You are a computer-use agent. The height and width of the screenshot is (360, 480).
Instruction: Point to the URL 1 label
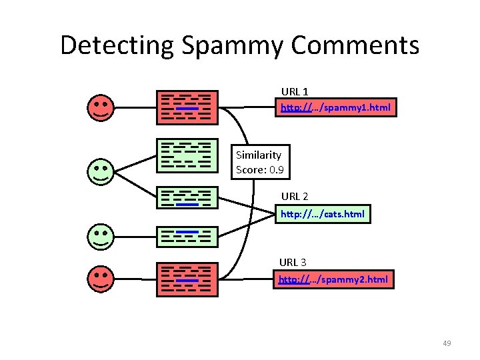[x=294, y=91]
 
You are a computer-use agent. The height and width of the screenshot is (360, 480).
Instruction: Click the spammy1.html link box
[x=336, y=107]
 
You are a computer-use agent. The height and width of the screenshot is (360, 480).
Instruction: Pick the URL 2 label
[x=294, y=197]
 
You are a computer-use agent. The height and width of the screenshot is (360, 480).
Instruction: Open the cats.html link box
[x=323, y=214]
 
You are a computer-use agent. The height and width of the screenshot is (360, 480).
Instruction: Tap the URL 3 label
[x=293, y=262]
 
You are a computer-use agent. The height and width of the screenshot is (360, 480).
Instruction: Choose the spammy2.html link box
[x=333, y=279]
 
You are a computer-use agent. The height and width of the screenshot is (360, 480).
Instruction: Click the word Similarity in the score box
[x=259, y=155]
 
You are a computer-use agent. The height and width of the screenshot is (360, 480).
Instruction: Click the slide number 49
[x=447, y=343]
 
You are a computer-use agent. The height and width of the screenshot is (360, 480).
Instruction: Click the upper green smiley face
[x=101, y=171]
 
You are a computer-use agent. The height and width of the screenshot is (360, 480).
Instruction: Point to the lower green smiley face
[x=101, y=236]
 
